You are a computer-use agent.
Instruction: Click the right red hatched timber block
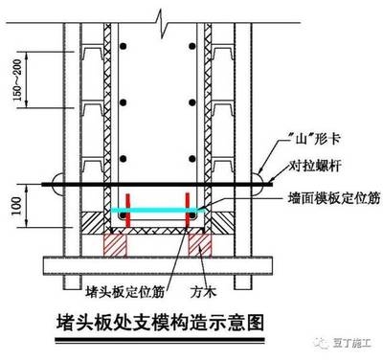[x=200, y=242]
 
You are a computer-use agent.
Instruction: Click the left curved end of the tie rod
[x=57, y=180]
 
